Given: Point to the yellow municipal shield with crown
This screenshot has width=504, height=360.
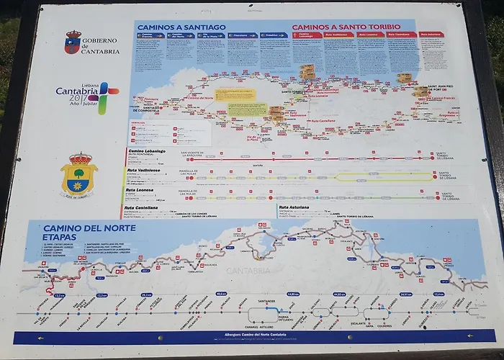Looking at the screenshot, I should coord(79,174).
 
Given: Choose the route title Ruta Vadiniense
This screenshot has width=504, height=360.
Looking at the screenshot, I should coord(143,170).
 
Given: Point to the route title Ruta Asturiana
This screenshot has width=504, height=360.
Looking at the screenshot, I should coord(295,207).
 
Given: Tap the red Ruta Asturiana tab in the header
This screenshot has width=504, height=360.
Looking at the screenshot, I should coord(431,35).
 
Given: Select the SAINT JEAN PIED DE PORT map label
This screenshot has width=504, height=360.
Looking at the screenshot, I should coord(439,89).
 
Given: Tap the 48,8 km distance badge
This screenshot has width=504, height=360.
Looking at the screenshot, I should coord(221,294).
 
